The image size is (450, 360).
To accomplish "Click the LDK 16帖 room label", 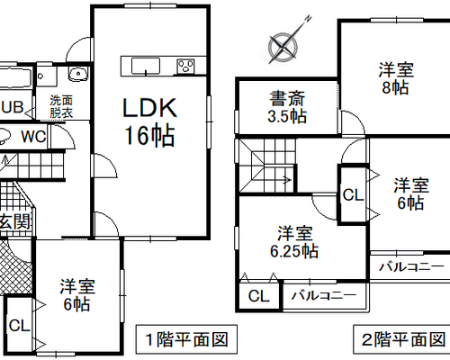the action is coord(149,121).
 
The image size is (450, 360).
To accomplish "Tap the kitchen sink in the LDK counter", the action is coord(146,66).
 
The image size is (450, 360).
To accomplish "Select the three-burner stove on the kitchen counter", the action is coord(185,66).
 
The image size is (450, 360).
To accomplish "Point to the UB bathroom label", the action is coord(12,107).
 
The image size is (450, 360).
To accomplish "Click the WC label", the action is coord(33,137).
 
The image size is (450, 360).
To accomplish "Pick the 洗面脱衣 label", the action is coord(61,106).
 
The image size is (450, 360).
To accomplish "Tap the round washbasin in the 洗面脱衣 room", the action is coord(78,74).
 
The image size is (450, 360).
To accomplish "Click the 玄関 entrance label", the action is coord(15,222).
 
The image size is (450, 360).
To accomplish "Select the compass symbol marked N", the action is coord(284,44).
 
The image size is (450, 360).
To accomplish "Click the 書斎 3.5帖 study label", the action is coord(287,107).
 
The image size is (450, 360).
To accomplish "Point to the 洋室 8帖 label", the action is coord(396,78).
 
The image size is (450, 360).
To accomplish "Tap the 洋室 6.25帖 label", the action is coord(294,242).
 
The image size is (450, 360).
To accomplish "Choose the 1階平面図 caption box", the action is coord(186,339).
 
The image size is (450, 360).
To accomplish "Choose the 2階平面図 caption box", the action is coord(402,339).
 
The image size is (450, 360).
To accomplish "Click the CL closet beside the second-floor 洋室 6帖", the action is coord(353,195).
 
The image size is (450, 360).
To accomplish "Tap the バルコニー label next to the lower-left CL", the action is coord(324,296).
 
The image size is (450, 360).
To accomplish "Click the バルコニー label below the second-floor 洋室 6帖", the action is coord(411,266).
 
